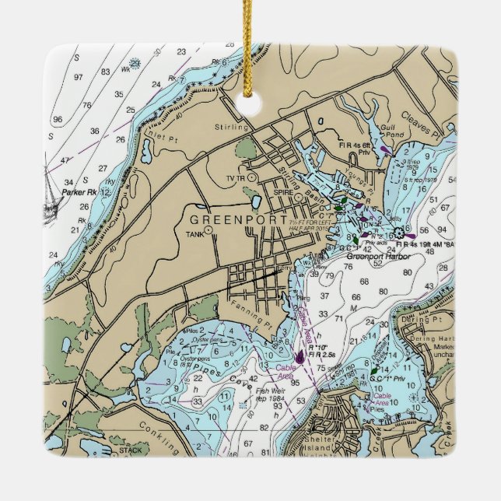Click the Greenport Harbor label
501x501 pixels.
(x=377, y=255)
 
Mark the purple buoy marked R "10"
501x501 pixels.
(x=300, y=357)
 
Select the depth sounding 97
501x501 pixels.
(x=79, y=77)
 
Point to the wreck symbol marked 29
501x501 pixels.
(x=135, y=64)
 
